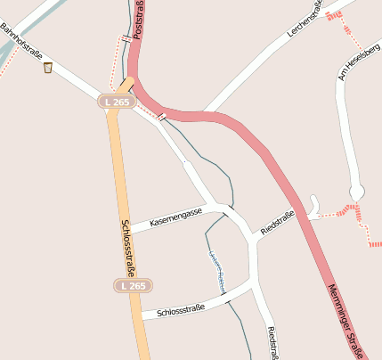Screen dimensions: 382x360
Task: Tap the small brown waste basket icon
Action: pyautogui.click(x=47, y=67)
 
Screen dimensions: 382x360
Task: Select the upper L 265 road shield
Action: pyautogui.click(x=116, y=102)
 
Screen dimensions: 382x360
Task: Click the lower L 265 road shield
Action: pyautogui.click(x=132, y=285)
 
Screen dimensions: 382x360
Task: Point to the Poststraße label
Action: pyautogui.click(x=138, y=20)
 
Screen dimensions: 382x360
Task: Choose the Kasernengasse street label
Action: pyautogui.click(x=176, y=216)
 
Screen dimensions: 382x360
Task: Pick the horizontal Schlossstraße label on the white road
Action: pyautogui.click(x=180, y=310)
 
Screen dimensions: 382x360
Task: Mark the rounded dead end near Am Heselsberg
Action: pyautogui.click(x=356, y=192)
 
